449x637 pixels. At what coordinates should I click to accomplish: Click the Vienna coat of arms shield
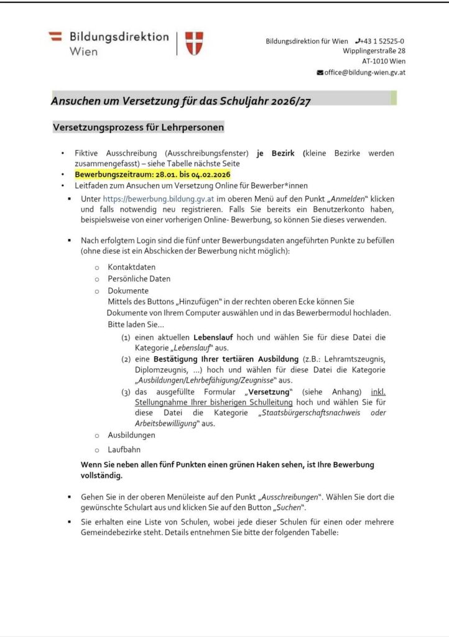point(194,44)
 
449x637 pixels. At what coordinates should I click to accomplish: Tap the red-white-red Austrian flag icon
point(56,37)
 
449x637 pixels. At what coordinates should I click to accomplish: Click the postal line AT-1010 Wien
point(384,62)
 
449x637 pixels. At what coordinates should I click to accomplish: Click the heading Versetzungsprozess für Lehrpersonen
point(137,128)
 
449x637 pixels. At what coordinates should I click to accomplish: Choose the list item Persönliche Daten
point(139,279)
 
